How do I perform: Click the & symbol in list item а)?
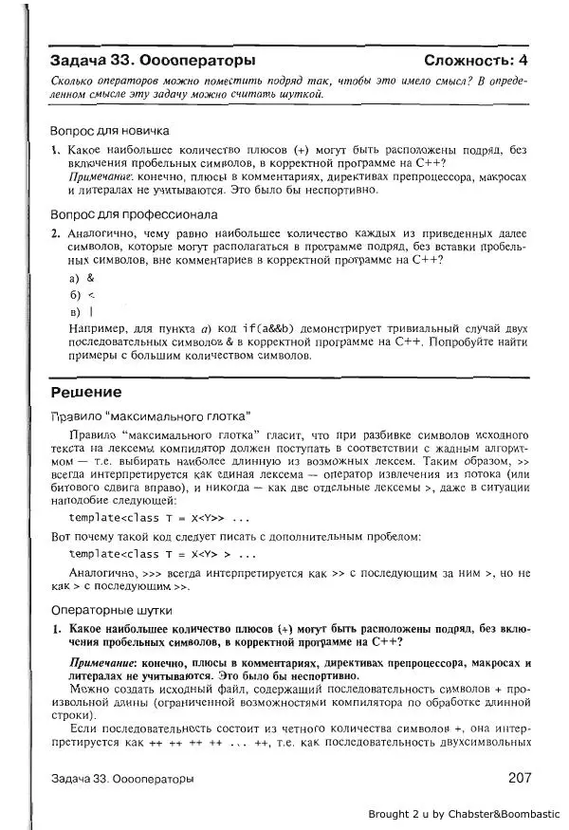coord(91,279)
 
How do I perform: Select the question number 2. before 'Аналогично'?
coord(57,231)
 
